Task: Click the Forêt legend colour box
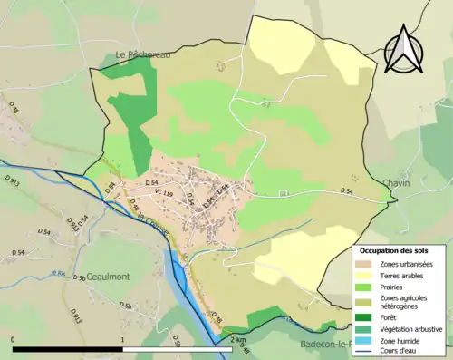[x=367, y=316]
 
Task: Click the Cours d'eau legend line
[x=367, y=352]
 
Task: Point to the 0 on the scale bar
[x=13, y=340]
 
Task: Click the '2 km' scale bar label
[x=237, y=340]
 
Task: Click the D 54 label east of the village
[x=346, y=191]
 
